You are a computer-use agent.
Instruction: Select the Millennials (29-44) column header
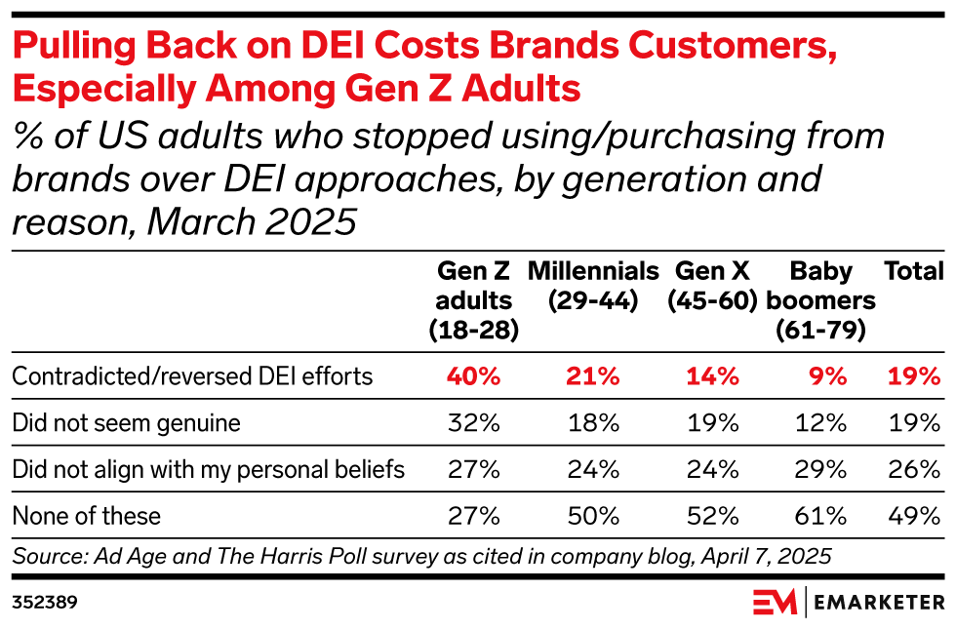coord(593,286)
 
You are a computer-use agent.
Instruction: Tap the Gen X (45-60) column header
coord(713,286)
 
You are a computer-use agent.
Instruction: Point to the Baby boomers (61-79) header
coord(820,300)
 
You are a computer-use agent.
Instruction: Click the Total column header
coord(913,271)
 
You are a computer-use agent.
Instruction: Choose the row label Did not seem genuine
coord(126,423)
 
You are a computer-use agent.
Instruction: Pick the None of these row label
coord(86,515)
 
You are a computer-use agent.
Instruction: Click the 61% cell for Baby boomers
coord(820,515)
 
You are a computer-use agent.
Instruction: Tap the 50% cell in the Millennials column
coord(593,515)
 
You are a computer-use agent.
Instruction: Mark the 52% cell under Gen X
coord(713,515)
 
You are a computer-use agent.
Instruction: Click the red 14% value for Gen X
coord(713,376)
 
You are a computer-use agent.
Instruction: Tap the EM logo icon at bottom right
coord(775,602)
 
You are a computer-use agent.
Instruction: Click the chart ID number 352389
coord(44,603)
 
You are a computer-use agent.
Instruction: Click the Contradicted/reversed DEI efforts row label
coord(192,376)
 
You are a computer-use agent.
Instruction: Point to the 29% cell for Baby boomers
coord(820,469)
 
